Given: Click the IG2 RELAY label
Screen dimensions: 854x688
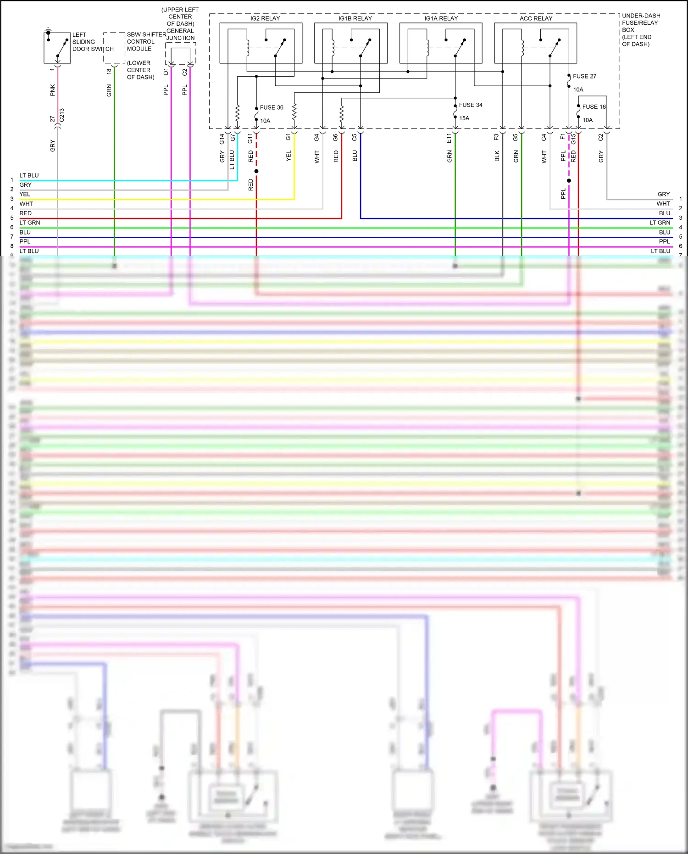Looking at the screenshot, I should [265, 18].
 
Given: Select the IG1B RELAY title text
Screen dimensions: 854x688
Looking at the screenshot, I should [355, 18].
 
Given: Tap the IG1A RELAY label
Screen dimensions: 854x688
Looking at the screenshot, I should [441, 18].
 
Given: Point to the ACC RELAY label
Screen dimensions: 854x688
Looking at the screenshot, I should [536, 18].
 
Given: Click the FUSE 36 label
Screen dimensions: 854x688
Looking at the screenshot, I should [272, 107].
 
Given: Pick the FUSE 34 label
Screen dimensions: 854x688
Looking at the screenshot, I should [471, 105].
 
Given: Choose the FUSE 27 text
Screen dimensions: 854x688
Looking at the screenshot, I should [584, 76].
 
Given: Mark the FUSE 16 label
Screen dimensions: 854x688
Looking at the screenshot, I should [594, 107].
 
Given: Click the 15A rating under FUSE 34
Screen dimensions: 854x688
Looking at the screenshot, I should [464, 118].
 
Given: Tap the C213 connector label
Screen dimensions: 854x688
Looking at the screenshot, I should [62, 115].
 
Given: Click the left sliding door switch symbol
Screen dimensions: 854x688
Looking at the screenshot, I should [57, 48].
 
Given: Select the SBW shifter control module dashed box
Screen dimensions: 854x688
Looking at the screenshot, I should [114, 48].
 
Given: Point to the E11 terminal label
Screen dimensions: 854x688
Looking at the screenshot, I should [449, 138].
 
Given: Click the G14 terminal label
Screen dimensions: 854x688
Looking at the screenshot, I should [222, 139].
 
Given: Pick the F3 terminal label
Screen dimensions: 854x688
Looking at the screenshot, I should [496, 137].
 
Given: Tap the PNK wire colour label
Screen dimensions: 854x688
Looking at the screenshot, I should [53, 90].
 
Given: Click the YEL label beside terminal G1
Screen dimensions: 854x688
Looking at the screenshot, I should [289, 156].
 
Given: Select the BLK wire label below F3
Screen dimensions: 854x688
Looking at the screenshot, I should [497, 156].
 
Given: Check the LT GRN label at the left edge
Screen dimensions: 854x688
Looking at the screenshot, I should [30, 223].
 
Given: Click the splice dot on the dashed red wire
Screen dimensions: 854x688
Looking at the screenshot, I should [256, 171].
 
